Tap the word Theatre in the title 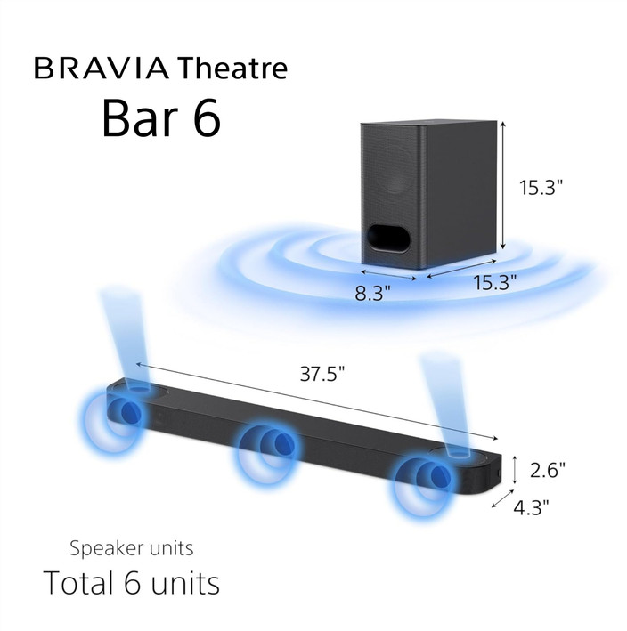(232, 68)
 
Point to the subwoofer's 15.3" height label (542, 188)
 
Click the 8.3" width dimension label (372, 293)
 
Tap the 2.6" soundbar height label (548, 467)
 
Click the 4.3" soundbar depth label (532, 507)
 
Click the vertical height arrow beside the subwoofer (504, 188)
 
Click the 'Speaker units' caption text (131, 547)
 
